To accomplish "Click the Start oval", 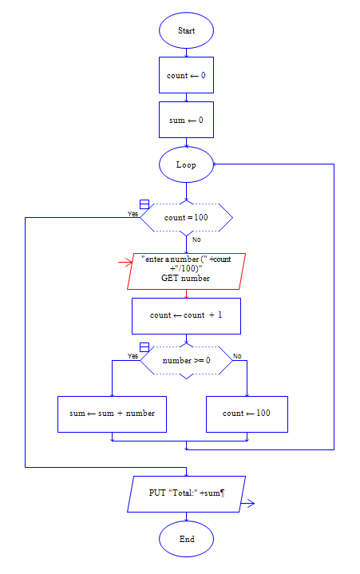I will point(186,30).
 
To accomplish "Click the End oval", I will point(186,539).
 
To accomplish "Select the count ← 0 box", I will point(186,76).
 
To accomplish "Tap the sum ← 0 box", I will point(186,121).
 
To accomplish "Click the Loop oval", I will point(186,165).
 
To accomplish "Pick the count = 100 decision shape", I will point(186,216).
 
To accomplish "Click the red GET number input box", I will point(186,271).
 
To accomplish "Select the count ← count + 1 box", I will point(186,315).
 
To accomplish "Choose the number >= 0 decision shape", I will point(186,361).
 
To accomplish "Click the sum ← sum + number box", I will point(112,414).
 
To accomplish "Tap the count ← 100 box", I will point(247,414).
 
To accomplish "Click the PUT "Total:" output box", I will point(186,493).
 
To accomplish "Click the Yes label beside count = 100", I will point(133,214).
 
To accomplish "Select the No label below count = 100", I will point(196,239).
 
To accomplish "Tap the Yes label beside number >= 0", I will point(133,356).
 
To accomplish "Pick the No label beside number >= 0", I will point(237,355).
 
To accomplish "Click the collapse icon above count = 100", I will point(144,204).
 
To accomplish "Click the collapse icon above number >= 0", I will point(144,346).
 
